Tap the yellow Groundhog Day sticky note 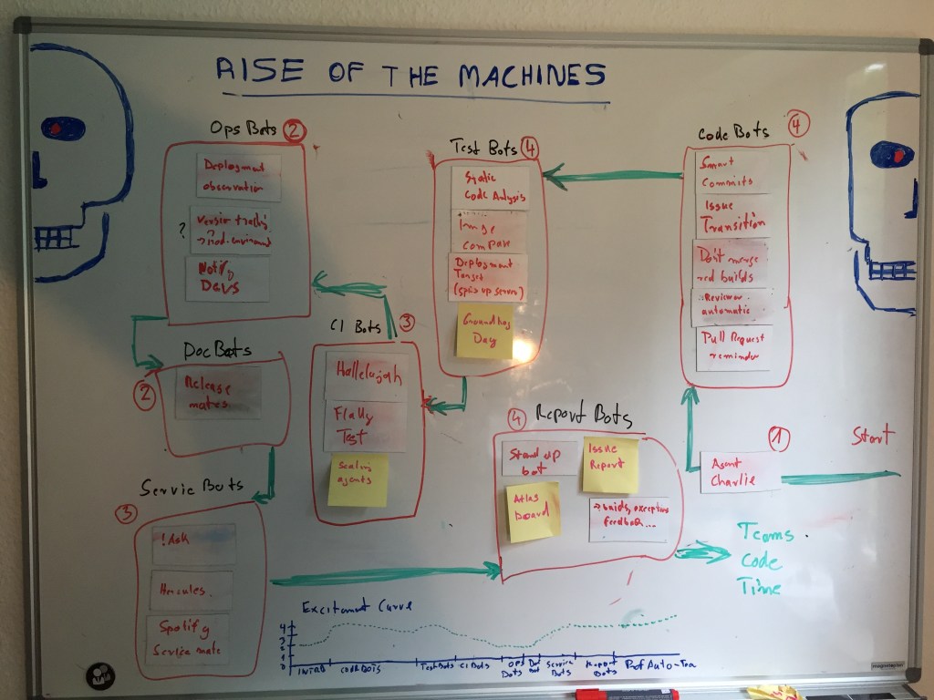[484, 334]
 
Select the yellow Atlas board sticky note [533, 512]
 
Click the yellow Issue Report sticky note [610, 464]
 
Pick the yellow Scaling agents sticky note [358, 480]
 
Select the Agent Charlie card [740, 471]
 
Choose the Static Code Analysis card [491, 186]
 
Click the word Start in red [875, 436]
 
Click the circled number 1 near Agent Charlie [777, 438]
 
